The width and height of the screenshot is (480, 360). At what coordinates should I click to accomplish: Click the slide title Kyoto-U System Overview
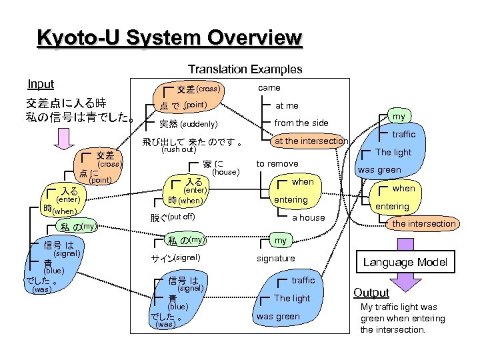[x=170, y=37]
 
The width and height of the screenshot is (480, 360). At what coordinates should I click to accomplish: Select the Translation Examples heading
[x=245, y=69]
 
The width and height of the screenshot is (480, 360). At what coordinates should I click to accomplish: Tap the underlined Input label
[x=41, y=84]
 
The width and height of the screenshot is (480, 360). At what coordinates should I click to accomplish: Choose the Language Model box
[x=405, y=262]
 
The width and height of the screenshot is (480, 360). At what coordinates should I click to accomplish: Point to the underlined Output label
[x=371, y=293]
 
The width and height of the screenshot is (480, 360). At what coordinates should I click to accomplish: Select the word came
[x=269, y=88]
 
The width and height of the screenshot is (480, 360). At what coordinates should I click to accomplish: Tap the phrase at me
[x=287, y=105]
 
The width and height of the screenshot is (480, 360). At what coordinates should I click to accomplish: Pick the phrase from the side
[x=301, y=123]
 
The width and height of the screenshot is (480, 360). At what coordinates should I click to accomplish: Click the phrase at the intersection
[x=311, y=141]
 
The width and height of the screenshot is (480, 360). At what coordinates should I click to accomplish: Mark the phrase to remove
[x=277, y=164]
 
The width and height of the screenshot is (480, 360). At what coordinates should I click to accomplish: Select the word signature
[x=276, y=258]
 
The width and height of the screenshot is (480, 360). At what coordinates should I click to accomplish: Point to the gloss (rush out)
[x=178, y=149]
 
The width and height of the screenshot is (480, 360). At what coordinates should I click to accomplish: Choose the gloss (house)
[x=225, y=172]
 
